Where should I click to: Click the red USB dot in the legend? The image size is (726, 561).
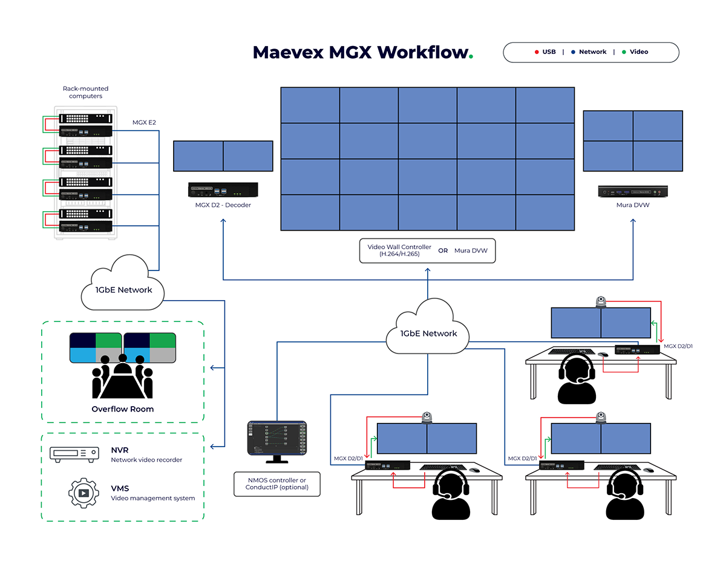point(537,52)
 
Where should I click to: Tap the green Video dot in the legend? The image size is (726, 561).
point(624,52)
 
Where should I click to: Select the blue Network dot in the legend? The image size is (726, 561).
point(573,52)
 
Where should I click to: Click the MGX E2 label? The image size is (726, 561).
point(144,122)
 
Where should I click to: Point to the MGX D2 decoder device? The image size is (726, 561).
point(223,190)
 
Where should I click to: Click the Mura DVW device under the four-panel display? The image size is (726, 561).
point(633,191)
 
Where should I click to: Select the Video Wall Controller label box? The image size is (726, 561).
point(427,251)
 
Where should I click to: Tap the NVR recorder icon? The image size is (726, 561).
point(74,454)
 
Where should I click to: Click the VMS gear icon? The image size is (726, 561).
point(83,493)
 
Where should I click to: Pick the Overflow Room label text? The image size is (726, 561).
point(123,409)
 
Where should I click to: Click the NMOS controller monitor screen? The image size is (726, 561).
point(277,438)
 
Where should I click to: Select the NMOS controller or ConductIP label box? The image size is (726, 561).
point(277,484)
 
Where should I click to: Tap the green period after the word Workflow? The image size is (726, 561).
point(471,57)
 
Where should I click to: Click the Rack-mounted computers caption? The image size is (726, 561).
point(85,92)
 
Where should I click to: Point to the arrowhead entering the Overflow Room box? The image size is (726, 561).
point(212,368)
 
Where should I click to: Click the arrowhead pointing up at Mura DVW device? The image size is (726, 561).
point(633,221)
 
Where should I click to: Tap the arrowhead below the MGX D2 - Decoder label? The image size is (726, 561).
point(223,221)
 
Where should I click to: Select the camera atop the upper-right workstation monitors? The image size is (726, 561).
point(601,301)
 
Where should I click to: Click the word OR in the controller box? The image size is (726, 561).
point(443,251)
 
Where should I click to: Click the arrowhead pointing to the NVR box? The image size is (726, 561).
point(212,447)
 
